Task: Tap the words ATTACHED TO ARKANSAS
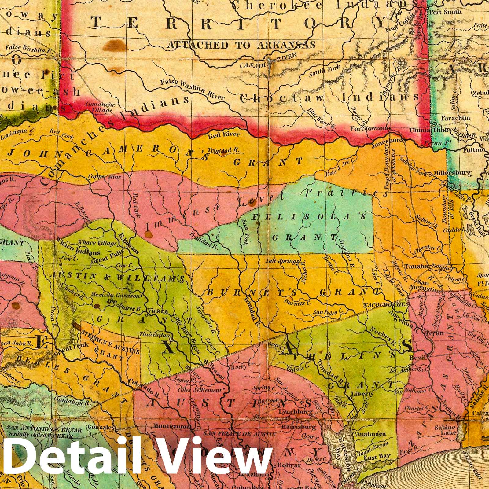click(241, 45)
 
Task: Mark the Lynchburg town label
click(296, 412)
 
